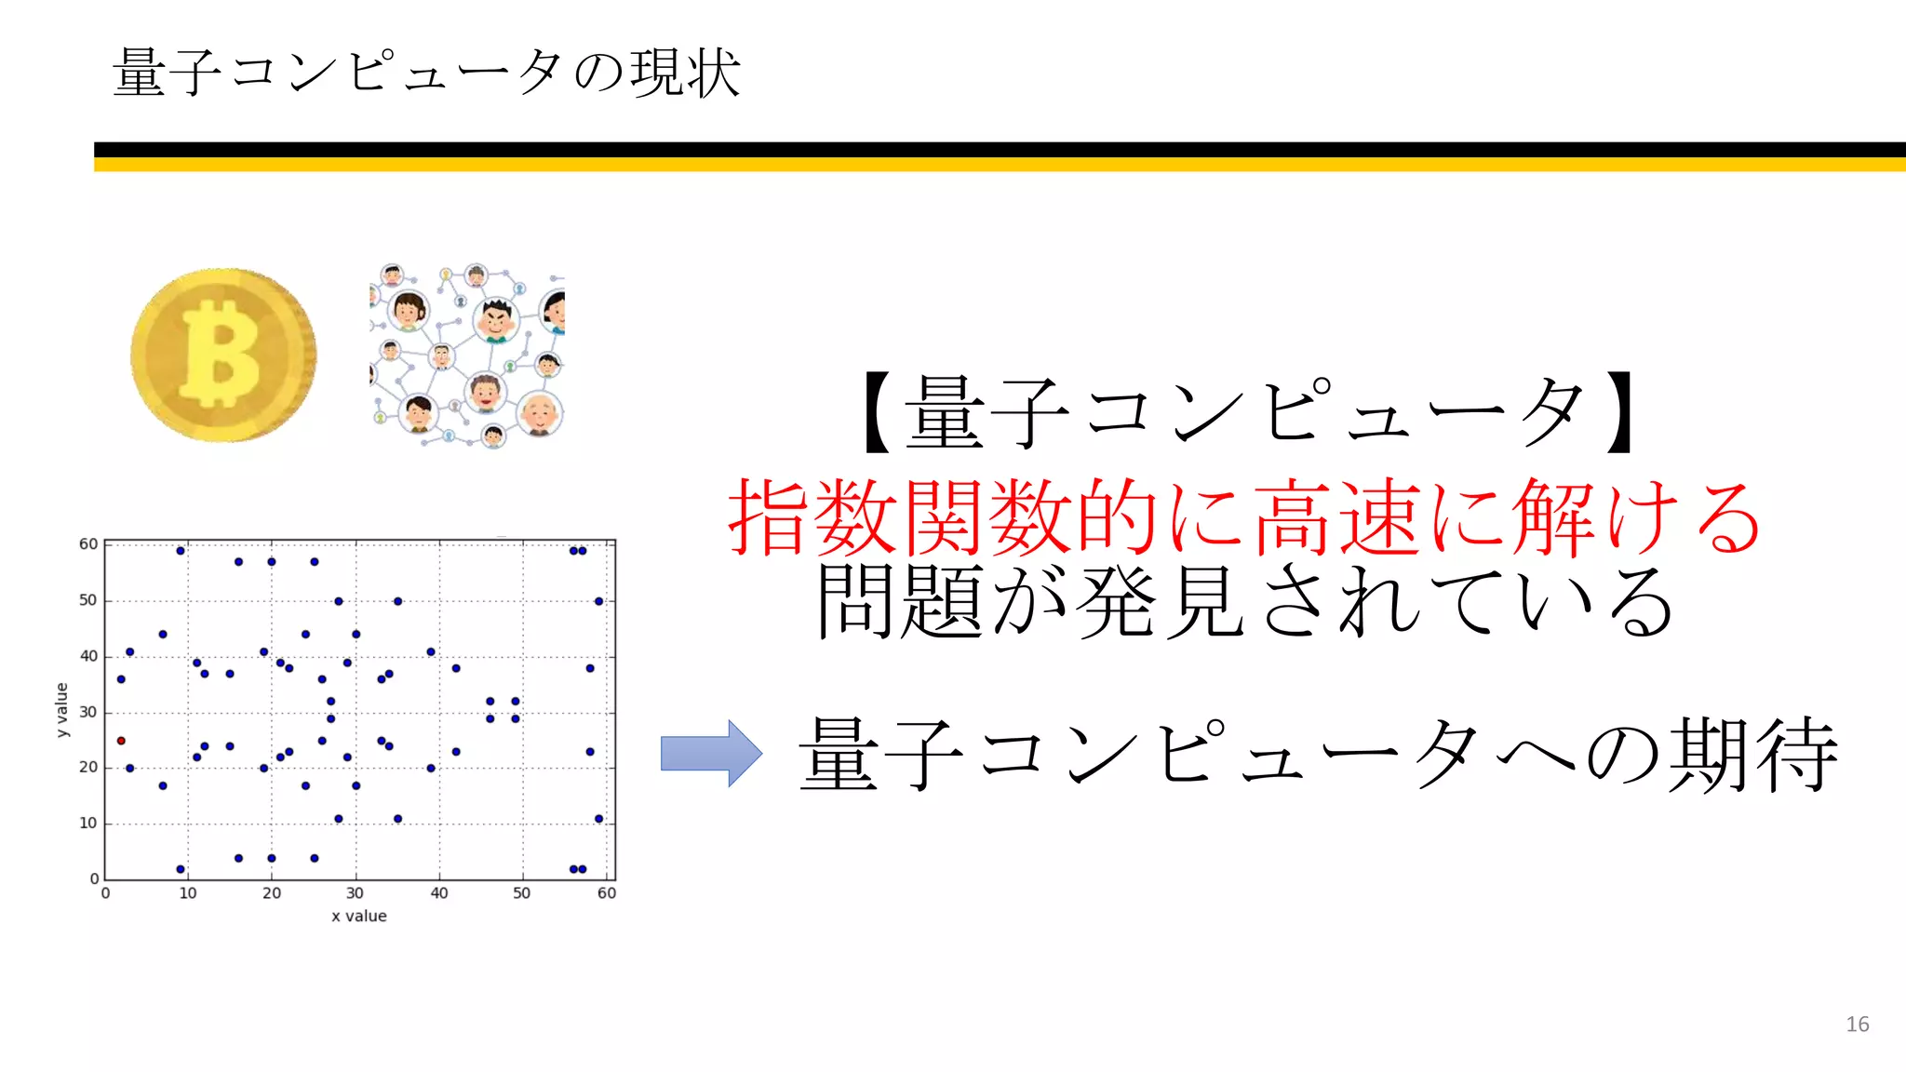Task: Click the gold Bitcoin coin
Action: click(223, 355)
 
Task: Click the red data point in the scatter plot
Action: click(121, 741)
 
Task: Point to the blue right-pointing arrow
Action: click(711, 753)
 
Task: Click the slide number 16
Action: click(1857, 1025)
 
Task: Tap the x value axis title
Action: click(359, 916)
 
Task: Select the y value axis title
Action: click(62, 710)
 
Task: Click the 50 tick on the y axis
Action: click(87, 600)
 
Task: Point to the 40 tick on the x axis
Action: click(439, 893)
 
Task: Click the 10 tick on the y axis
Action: click(87, 824)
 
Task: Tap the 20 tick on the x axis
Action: click(272, 893)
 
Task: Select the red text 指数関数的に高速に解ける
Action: click(1244, 517)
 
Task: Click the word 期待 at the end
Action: click(1752, 755)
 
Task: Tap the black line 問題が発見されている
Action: click(1244, 602)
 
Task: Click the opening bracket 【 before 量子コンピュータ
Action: click(878, 413)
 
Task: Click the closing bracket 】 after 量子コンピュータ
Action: click(1620, 413)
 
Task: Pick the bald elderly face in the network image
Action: click(540, 413)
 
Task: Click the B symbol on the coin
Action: click(221, 355)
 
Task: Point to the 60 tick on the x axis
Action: click(607, 893)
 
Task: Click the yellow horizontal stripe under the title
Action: click(1000, 165)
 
